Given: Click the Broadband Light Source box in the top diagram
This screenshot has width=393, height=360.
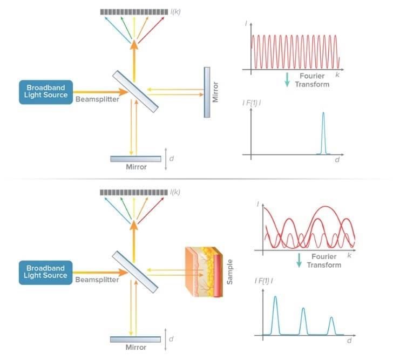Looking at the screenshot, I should (45, 92).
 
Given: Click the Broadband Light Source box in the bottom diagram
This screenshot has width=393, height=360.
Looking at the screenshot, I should (45, 272).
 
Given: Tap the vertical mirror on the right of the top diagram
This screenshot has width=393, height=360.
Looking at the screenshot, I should (207, 92).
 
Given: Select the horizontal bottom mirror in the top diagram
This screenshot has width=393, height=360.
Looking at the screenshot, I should (135, 159).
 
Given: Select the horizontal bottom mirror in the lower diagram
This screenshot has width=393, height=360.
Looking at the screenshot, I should (135, 339).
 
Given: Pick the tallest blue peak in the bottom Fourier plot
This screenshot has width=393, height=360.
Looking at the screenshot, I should (276, 314).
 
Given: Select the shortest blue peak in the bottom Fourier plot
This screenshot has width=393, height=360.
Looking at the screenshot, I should (331, 325).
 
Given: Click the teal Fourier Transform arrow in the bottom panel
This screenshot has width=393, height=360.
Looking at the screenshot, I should (297, 261).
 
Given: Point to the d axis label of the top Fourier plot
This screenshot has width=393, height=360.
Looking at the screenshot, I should (336, 160).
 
